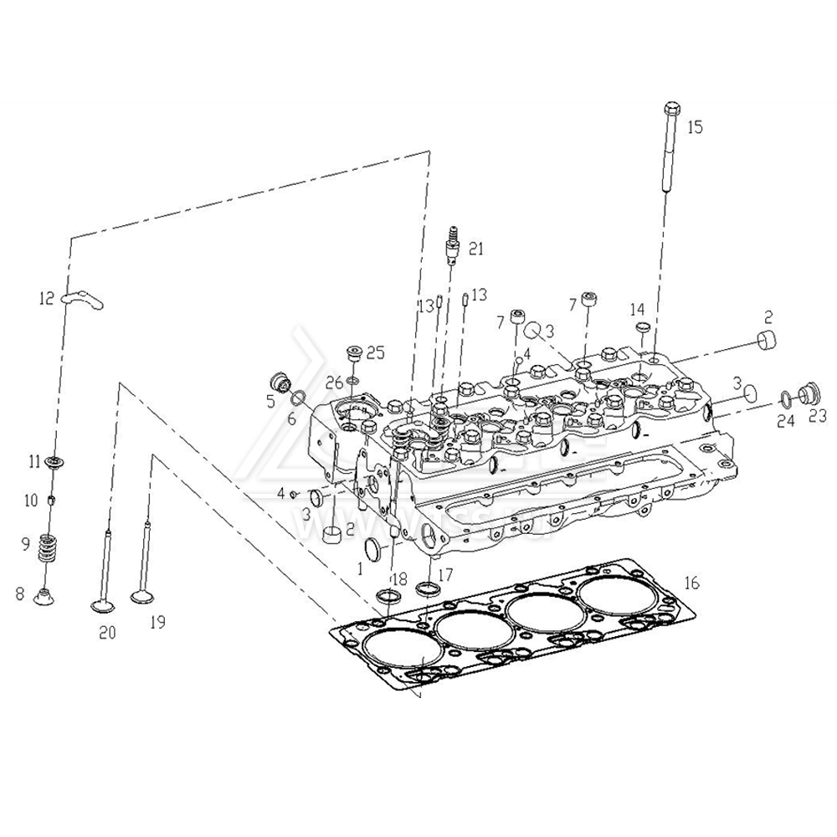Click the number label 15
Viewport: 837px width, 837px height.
click(696, 127)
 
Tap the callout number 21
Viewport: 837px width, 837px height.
click(475, 248)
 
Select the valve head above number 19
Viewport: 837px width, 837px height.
click(146, 597)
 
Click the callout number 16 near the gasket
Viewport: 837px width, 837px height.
click(691, 583)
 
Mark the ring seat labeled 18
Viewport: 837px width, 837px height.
click(388, 596)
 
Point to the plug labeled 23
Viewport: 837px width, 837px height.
click(809, 393)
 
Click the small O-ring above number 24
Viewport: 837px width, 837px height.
click(784, 396)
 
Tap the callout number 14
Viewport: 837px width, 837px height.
click(638, 309)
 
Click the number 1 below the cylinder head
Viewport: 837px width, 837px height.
click(360, 567)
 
